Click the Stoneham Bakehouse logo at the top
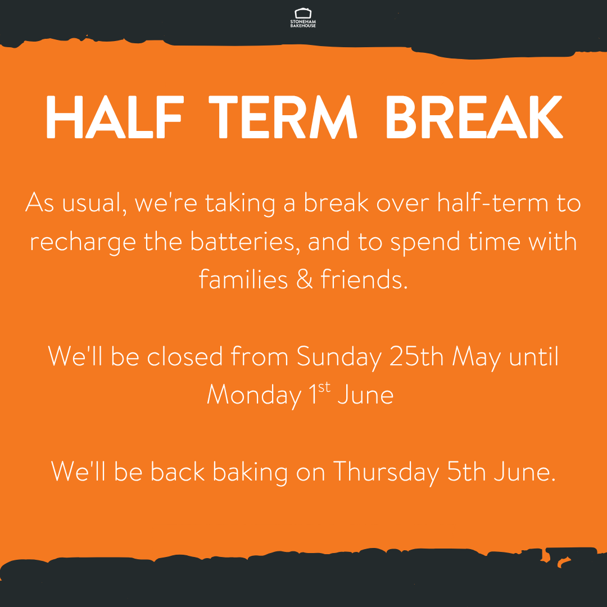303,18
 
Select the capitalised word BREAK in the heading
474,116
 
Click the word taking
240,203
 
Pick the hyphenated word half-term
493,202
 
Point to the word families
243,279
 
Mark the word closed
185,356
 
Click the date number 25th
416,356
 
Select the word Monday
255,396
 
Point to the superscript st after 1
324,387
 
